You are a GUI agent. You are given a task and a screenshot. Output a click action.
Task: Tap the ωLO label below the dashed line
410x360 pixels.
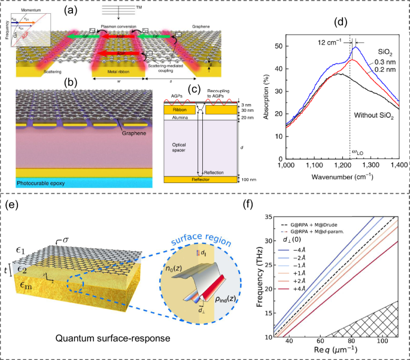[x=355, y=152]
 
